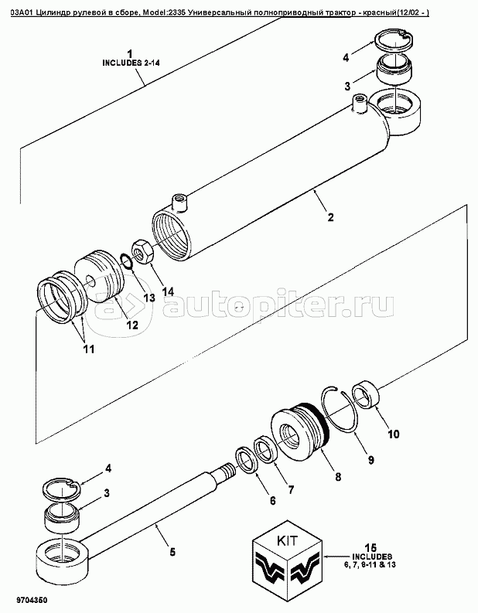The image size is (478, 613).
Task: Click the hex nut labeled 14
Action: click(143, 251)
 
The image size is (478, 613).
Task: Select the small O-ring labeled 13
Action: click(126, 261)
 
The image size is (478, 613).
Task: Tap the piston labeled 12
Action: click(99, 277)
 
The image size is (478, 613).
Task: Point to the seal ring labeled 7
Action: click(266, 451)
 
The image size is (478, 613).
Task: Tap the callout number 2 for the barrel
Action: click(330, 217)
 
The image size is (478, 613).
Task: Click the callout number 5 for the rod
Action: click(172, 552)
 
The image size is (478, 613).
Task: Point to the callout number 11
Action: click(88, 349)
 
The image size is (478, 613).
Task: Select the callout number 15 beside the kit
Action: click(371, 547)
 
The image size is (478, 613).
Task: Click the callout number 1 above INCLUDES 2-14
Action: click(131, 53)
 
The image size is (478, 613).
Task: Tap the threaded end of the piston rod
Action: click(226, 469)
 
